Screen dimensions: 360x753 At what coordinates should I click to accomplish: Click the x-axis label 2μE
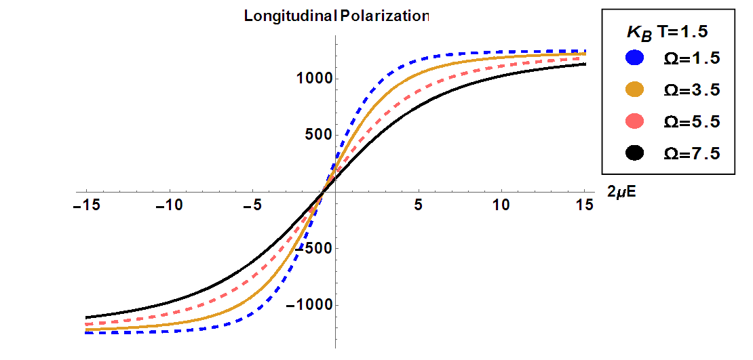tap(622, 193)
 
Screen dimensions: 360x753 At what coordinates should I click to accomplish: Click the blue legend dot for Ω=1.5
tap(634, 58)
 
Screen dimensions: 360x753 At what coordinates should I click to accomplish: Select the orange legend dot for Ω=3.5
tap(634, 90)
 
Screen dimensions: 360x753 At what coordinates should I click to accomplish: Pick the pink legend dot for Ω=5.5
tap(634, 122)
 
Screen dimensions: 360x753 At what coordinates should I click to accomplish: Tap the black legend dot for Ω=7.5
tap(634, 154)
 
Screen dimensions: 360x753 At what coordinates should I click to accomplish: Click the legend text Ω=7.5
tap(691, 154)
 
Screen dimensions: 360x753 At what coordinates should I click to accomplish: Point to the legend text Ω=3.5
tap(691, 90)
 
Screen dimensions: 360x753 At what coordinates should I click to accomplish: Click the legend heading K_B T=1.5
tap(668, 33)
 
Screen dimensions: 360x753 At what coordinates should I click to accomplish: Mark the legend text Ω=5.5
tap(691, 122)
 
